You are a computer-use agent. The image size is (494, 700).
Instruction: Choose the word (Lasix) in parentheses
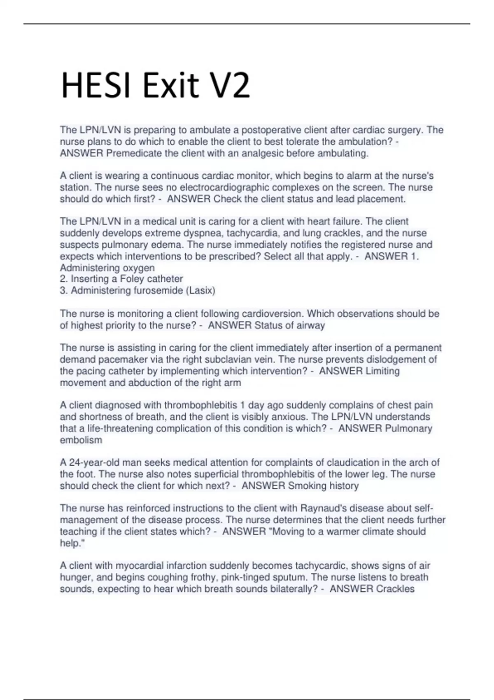(x=200, y=291)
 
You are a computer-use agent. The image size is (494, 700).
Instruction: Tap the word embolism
(x=81, y=440)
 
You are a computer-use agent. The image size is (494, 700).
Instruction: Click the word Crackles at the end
(x=394, y=589)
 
